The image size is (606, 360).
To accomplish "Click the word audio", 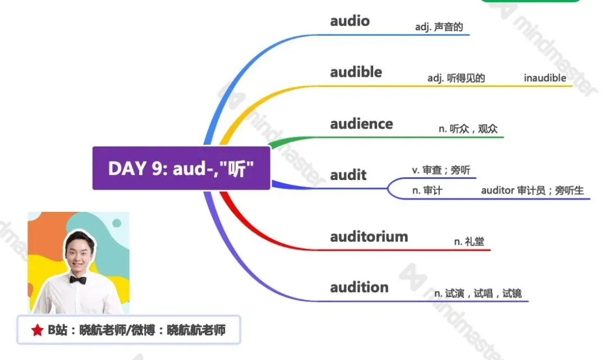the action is (350, 21).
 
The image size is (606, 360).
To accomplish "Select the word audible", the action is (356, 72).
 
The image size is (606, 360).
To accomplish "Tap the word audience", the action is (361, 123).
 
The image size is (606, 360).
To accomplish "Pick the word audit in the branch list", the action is (348, 175).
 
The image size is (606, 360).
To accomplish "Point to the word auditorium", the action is (369, 237).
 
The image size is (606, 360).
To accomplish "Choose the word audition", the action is (359, 287).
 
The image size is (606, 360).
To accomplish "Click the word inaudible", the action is (545, 78).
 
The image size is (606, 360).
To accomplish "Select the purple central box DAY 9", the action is (181, 168).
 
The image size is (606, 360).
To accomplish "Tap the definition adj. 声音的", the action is (439, 27).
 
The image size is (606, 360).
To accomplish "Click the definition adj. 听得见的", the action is (456, 78).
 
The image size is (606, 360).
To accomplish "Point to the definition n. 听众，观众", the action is (468, 128).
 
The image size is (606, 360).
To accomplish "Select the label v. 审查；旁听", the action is (441, 170).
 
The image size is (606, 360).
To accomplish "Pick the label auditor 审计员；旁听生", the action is (532, 191).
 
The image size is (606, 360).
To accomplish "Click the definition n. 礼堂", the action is (469, 242).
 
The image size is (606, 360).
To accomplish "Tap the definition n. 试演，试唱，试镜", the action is (478, 294).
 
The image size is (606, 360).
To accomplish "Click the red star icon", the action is (38, 330).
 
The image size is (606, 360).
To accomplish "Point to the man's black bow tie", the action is (78, 280).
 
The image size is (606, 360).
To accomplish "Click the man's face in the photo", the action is (80, 253).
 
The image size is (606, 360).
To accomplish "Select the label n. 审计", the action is (427, 191).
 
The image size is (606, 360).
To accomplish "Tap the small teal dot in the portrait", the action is (117, 223).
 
